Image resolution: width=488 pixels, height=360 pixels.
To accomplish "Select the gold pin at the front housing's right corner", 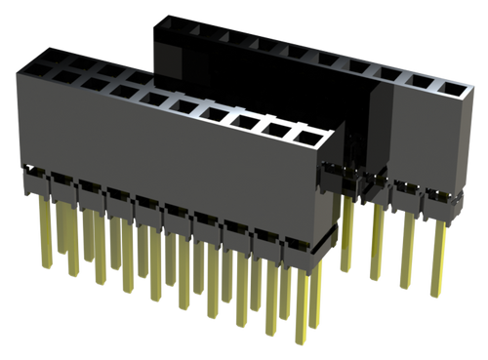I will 314,302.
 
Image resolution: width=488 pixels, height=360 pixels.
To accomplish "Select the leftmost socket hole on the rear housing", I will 177,26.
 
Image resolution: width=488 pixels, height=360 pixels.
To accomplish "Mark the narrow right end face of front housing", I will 334,195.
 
